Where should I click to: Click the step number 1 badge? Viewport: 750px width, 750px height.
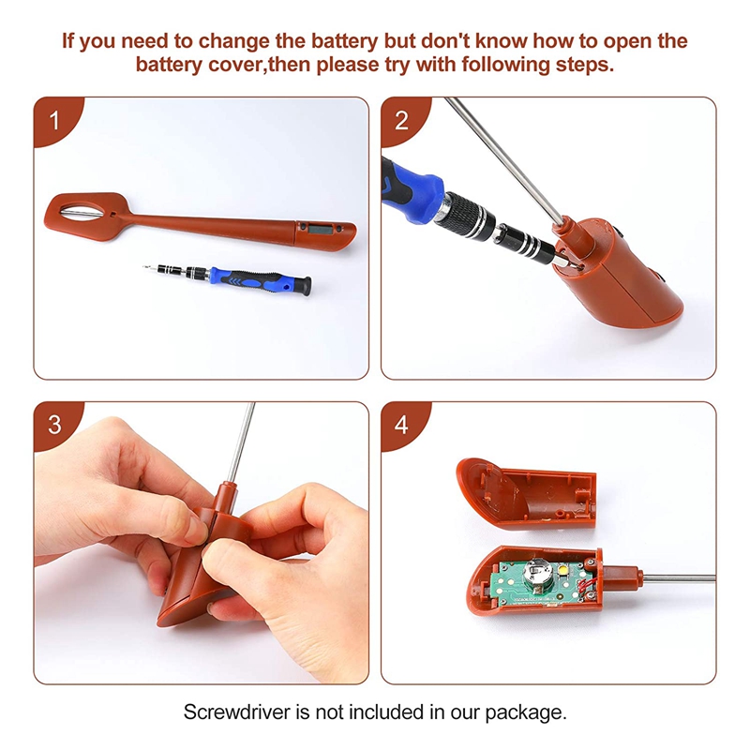[54, 120]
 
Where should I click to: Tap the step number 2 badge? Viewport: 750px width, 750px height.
[401, 120]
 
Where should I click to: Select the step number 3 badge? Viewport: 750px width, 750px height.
[54, 425]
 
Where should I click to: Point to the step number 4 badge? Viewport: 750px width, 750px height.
[401, 425]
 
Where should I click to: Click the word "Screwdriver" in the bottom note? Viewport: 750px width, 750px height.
[237, 712]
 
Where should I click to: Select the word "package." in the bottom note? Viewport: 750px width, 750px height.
[526, 712]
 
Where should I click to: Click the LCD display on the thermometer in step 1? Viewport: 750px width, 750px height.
[317, 228]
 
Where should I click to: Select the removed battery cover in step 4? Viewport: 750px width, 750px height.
[526, 493]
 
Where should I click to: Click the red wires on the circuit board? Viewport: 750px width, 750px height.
[584, 587]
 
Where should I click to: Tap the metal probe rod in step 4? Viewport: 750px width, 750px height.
[679, 578]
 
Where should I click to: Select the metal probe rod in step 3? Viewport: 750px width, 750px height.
[240, 442]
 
